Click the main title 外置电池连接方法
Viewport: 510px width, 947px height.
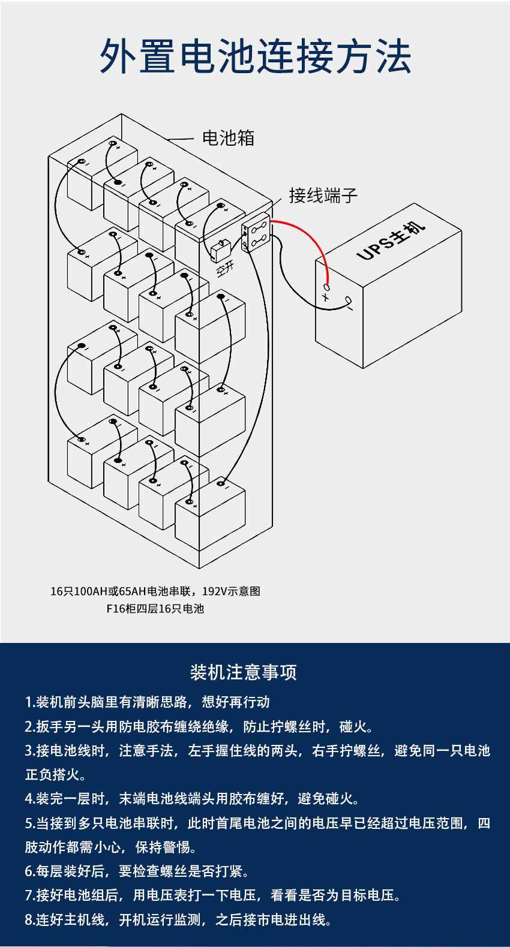click(x=256, y=56)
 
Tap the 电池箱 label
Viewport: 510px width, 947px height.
click(x=228, y=139)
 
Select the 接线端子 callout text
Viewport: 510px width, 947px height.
click(x=323, y=196)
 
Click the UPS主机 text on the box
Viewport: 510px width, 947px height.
click(x=391, y=240)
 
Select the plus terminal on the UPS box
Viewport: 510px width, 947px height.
click(x=326, y=287)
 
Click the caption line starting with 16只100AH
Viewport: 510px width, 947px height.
click(x=155, y=591)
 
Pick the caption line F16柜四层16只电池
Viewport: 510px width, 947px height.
click(x=155, y=608)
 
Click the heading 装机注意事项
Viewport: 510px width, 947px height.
click(x=243, y=673)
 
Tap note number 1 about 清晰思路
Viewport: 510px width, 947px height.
click(x=147, y=702)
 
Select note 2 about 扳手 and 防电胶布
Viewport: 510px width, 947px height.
click(x=200, y=726)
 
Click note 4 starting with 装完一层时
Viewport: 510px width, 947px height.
click(x=193, y=799)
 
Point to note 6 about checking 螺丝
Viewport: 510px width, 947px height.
click(x=137, y=871)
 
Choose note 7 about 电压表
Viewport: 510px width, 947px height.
click(x=213, y=895)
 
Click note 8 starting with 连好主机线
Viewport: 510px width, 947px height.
click(x=178, y=919)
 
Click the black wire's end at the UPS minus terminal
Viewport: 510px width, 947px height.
click(x=349, y=300)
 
